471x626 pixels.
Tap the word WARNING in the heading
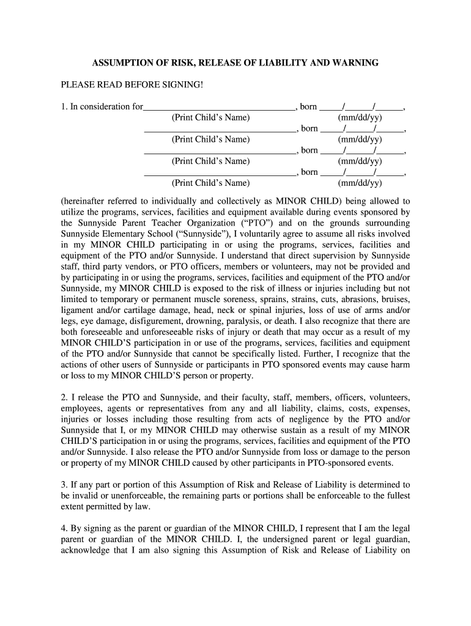[x=356, y=63]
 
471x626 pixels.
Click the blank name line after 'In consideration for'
[x=219, y=108]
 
